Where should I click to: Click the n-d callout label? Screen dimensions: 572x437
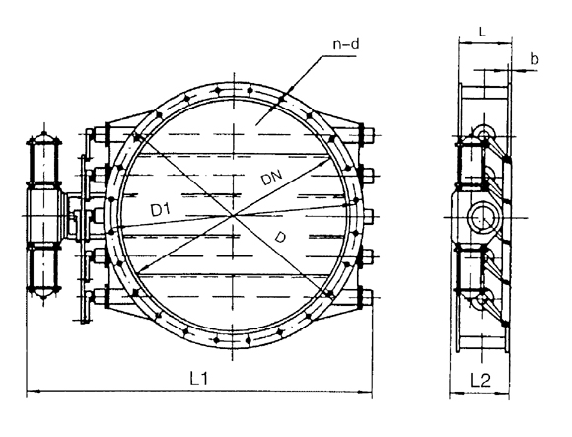346,44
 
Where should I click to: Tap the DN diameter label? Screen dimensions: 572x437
272,178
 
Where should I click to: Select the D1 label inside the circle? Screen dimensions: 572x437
161,210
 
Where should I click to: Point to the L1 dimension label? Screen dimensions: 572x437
199,378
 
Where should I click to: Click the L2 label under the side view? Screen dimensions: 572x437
480,381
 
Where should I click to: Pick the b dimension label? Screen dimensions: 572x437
535,59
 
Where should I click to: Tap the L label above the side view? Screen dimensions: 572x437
482,33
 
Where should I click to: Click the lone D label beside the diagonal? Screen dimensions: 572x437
280,238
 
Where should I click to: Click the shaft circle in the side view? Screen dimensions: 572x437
482,218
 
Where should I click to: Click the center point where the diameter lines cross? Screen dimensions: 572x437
233,216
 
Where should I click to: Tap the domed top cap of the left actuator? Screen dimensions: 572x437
43,138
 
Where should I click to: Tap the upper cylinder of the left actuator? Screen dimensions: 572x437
43,163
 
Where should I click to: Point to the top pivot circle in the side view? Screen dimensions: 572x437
483,136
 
